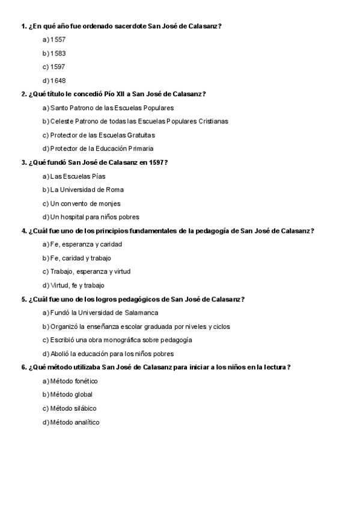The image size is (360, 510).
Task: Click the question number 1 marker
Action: tap(23, 26)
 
